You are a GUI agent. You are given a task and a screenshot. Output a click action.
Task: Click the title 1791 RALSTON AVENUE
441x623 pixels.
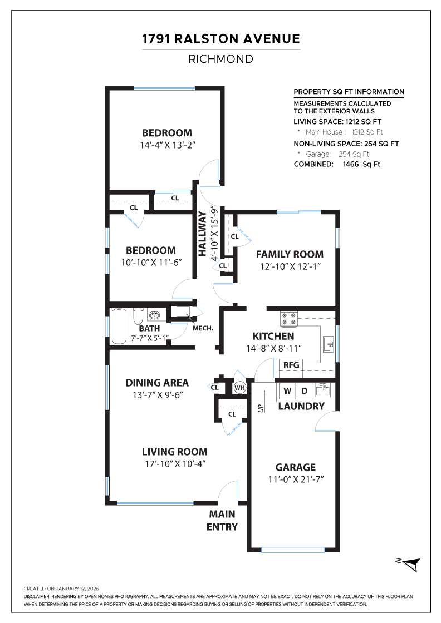[x=220, y=39]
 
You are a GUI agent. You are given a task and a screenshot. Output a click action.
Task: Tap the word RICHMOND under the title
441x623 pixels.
[x=220, y=59]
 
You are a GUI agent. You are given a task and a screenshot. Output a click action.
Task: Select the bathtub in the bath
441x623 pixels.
[x=120, y=326]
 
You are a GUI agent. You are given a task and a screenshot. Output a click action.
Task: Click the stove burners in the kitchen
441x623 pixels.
[x=289, y=318]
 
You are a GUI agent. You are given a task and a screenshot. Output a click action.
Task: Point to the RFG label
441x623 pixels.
[x=291, y=365]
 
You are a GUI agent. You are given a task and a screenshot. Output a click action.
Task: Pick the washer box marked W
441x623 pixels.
[x=287, y=390]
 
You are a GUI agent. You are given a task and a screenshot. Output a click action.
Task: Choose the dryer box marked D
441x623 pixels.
[x=305, y=390]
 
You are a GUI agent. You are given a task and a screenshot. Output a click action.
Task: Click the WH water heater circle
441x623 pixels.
[x=239, y=388]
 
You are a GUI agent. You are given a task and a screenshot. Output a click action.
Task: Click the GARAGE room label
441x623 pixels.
[x=295, y=467]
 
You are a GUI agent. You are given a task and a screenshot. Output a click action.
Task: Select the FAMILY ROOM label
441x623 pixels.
[x=290, y=254]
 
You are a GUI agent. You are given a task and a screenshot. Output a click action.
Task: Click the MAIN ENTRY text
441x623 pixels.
[x=222, y=520]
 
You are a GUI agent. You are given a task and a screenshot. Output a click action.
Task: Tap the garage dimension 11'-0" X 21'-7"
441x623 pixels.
[x=295, y=479]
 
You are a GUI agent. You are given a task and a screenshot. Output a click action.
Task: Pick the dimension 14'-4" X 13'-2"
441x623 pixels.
[x=167, y=145]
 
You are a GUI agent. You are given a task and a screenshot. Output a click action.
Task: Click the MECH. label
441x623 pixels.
[x=203, y=328]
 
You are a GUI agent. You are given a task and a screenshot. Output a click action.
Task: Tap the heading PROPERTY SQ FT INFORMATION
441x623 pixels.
[x=349, y=92]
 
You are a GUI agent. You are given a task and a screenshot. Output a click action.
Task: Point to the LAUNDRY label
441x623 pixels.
[x=301, y=407]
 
